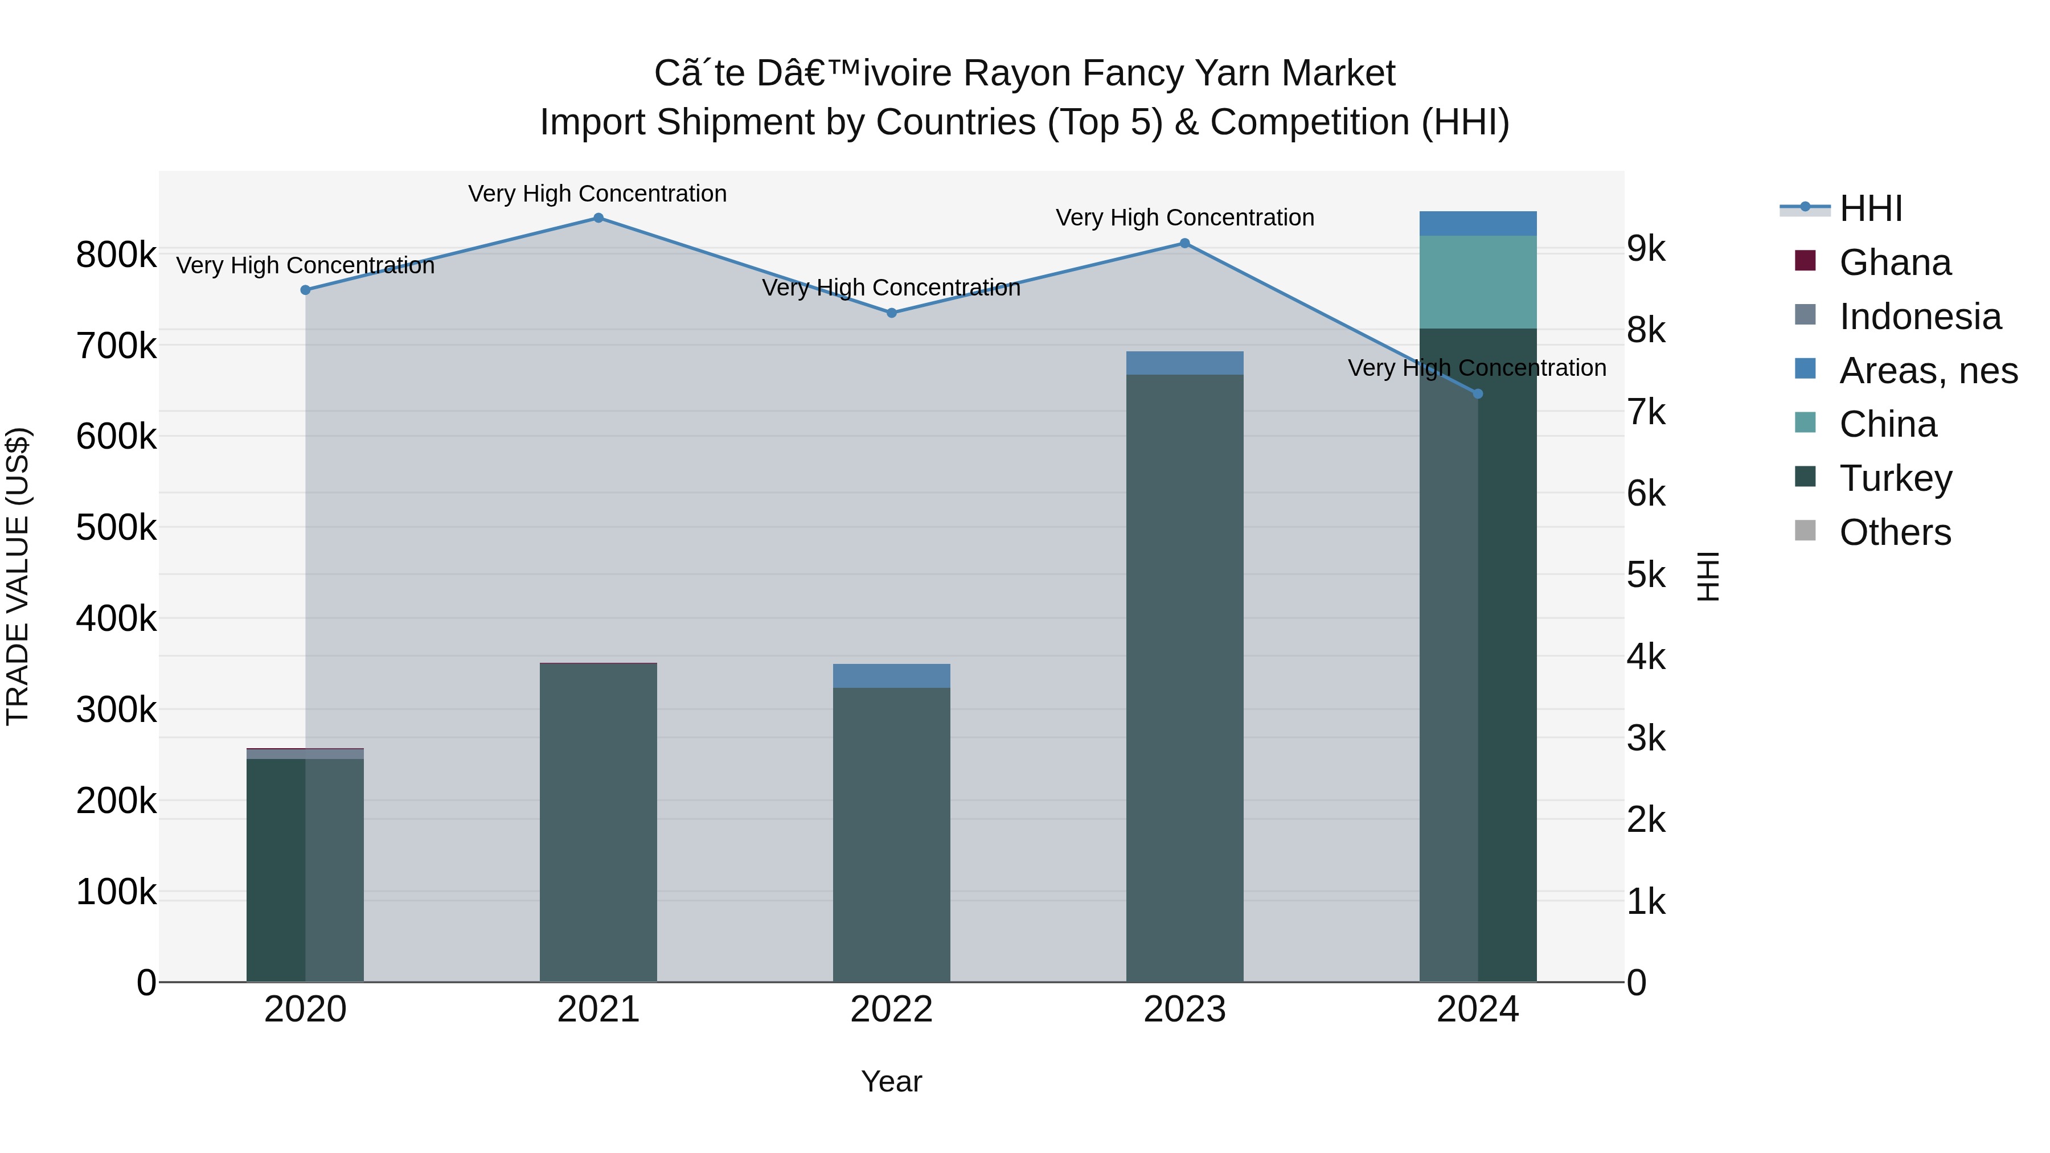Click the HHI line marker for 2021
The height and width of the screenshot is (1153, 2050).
598,218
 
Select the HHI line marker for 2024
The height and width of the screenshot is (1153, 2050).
1478,394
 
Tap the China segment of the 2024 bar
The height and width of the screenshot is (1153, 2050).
1478,282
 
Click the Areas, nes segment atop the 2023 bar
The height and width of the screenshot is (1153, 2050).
1184,363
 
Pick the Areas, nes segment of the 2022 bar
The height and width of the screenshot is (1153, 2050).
891,675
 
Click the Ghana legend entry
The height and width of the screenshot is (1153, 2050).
1895,262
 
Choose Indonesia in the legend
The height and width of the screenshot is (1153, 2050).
1920,317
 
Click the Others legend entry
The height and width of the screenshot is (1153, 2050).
1895,532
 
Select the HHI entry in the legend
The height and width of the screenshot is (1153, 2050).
1870,208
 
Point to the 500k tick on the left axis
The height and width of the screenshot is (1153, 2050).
116,527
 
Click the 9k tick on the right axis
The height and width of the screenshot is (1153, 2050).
1646,249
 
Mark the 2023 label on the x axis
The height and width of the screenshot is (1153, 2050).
1184,1010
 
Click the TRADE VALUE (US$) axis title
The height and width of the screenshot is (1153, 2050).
18,576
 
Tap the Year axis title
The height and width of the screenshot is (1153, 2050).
891,1081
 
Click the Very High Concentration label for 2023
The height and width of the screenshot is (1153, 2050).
1184,218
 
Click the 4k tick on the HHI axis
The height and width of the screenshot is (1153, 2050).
1646,657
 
